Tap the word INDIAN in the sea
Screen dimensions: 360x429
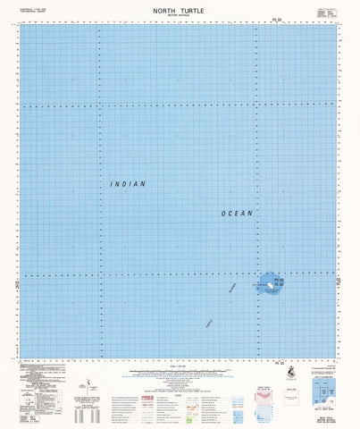(x=127, y=183)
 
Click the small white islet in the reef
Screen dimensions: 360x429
(x=269, y=287)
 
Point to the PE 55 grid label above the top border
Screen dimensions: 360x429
(x=257, y=20)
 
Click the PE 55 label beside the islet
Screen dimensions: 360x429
(x=279, y=280)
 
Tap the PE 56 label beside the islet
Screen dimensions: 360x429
(x=279, y=287)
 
